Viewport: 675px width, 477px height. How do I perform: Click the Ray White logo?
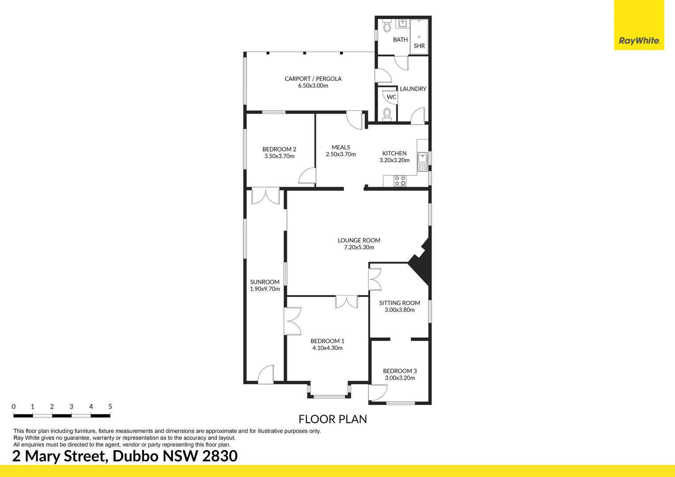pos(639,41)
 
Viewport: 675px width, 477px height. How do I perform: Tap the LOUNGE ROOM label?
pos(359,240)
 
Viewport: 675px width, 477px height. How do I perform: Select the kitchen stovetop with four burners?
pos(400,181)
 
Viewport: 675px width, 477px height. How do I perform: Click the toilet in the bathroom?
pos(387,26)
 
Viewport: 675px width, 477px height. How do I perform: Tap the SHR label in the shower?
pos(419,46)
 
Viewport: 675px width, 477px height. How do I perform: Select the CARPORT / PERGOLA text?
pos(313,79)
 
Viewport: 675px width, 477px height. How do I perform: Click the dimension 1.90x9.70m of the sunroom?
pos(265,289)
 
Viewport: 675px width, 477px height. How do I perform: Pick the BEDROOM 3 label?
pos(400,371)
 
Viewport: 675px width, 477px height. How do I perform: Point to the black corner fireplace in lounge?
pos(422,263)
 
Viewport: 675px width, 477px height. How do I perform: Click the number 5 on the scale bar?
pos(110,406)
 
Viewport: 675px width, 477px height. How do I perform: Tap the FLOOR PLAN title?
pos(333,419)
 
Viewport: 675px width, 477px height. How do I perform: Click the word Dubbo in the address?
pos(136,456)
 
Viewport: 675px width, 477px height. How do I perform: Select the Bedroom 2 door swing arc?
pos(307,176)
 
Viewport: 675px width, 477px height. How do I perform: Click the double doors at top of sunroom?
pos(265,196)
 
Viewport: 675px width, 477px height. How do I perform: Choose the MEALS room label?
pos(341,147)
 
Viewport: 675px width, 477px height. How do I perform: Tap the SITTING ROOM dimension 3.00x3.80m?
pos(399,310)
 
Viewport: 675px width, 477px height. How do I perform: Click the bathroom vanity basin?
pos(403,23)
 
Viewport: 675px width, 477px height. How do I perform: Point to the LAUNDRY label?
pos(413,89)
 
